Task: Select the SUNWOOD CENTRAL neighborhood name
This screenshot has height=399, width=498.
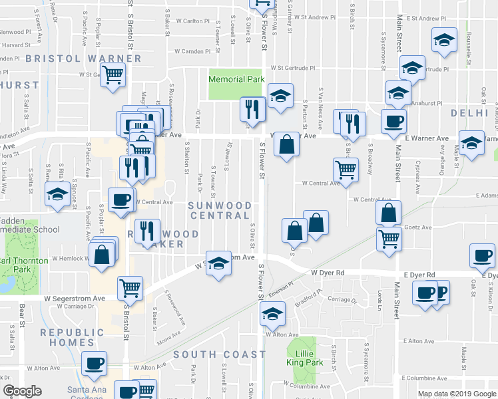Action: (220, 211)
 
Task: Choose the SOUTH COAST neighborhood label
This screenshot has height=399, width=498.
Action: (220, 354)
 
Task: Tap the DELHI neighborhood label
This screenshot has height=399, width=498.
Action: (469, 114)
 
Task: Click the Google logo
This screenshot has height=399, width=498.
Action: (22, 390)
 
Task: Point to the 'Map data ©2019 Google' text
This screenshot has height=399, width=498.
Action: (456, 394)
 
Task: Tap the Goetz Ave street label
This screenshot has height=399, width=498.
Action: (415, 208)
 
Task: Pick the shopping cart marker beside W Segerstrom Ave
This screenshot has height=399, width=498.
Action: (130, 288)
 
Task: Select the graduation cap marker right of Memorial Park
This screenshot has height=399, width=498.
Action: (280, 96)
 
